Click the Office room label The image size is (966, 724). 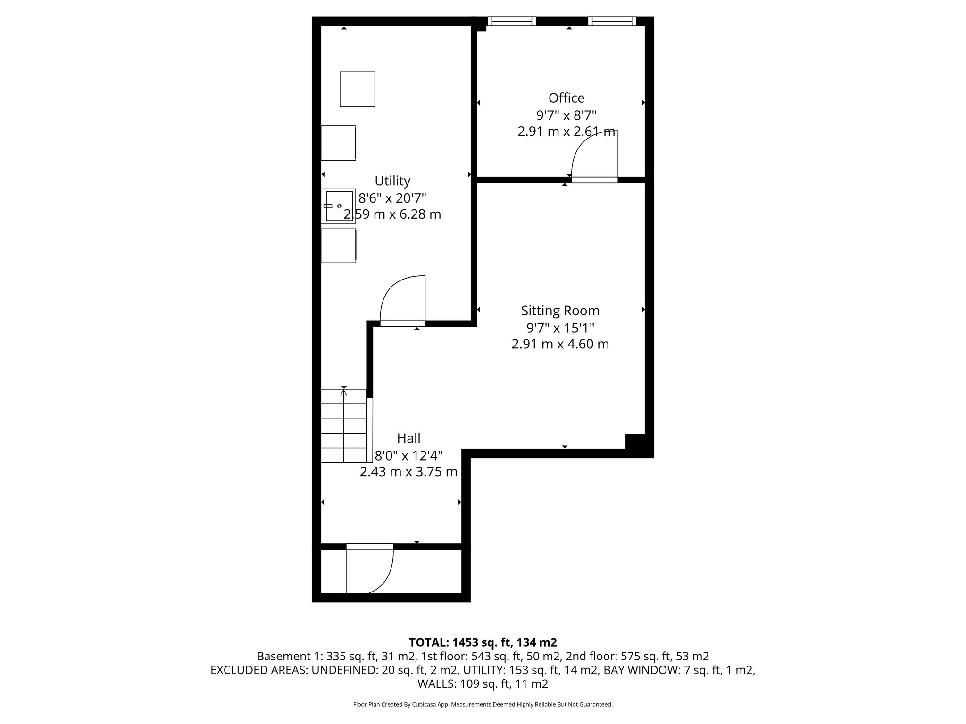tap(566, 98)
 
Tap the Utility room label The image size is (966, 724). tap(392, 181)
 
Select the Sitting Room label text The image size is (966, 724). tap(560, 311)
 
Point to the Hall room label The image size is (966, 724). tap(408, 438)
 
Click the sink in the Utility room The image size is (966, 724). tap(339, 206)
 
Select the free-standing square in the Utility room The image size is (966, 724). tap(357, 89)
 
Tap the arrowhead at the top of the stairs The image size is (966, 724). tap(344, 392)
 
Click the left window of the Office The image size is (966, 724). tap(511, 21)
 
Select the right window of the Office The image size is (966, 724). tap(611, 21)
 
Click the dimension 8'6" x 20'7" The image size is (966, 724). tap(392, 197)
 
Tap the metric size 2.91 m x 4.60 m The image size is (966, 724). tap(560, 344)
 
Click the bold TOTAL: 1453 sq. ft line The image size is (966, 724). tap(483, 642)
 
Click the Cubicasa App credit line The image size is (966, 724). tap(483, 704)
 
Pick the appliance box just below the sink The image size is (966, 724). tap(338, 245)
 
